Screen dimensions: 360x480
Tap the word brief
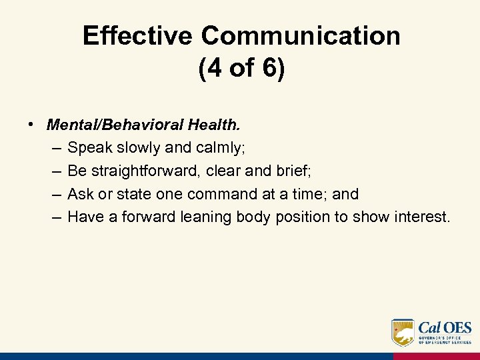pos(292,171)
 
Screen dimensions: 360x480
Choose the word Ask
pos(80,194)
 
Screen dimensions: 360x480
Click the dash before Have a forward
pos(55,217)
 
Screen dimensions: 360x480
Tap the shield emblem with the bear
pos(403,331)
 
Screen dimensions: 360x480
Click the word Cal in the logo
pos(429,327)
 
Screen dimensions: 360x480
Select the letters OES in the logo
pos(457,327)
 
